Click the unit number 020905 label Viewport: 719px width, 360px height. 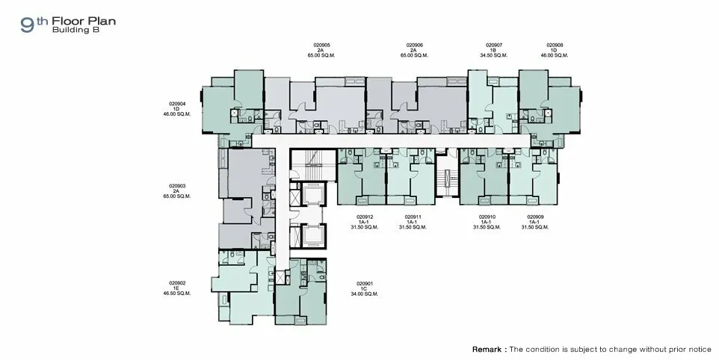coord(321,46)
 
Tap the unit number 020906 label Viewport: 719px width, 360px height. coord(414,46)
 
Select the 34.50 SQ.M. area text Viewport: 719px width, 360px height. coord(494,55)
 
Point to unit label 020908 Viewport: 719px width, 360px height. coord(555,46)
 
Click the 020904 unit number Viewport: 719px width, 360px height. coord(177,104)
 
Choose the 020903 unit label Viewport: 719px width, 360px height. coord(177,187)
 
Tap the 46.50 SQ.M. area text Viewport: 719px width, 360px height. coord(177,294)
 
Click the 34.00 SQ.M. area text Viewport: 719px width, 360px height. coord(365,294)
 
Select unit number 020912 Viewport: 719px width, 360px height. coord(365,217)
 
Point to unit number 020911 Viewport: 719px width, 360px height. coord(413,217)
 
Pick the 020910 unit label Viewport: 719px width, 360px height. coord(487,217)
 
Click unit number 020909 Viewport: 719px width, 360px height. coord(535,217)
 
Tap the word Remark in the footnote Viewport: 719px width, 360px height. coord(487,350)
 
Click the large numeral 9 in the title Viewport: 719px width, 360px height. coord(27,25)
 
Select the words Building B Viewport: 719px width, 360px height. coord(75,30)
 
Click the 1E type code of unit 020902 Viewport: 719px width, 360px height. coord(177,288)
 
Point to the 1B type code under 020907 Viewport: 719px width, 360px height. coord(494,50)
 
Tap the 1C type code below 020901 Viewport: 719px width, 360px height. coord(365,289)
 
